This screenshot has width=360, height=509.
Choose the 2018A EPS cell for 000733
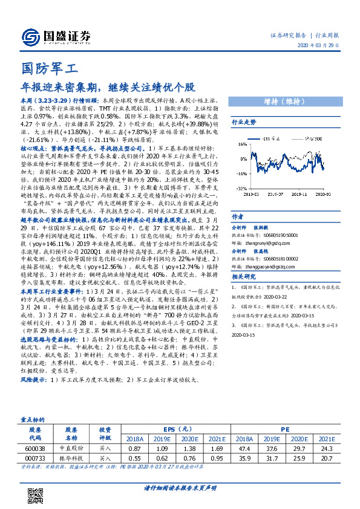click(135, 459)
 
